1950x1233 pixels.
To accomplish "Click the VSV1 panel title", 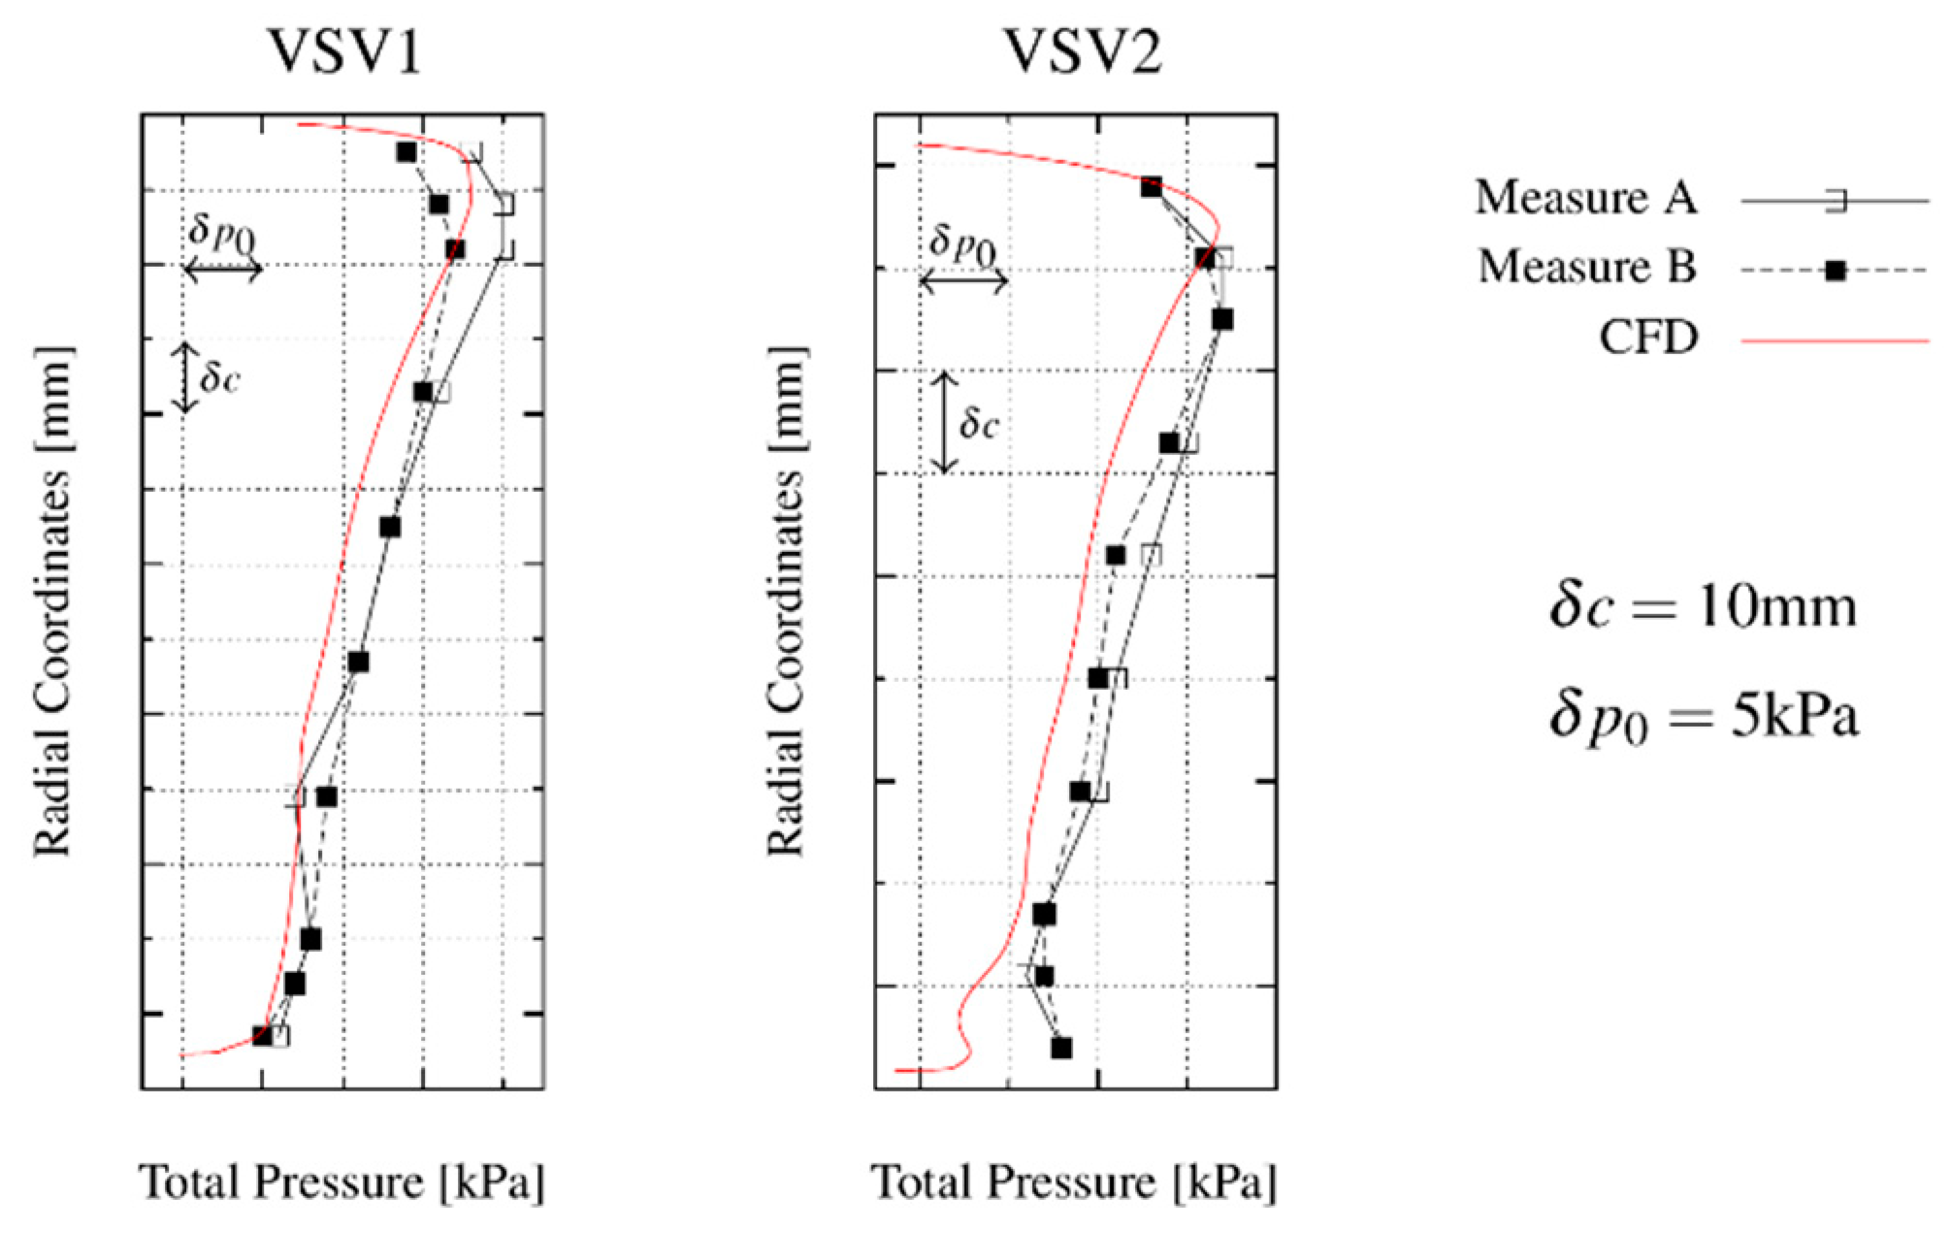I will tap(344, 51).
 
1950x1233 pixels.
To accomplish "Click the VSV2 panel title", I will tap(1082, 51).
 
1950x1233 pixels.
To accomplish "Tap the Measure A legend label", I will tap(1585, 198).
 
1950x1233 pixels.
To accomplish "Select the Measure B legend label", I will tap(1586, 267).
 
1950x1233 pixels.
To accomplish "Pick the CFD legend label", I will tap(1648, 338).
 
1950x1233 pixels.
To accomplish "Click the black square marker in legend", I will tap(1835, 271).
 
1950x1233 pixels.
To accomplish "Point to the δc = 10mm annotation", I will tap(1703, 607).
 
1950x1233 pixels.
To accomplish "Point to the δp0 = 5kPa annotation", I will tap(1703, 719).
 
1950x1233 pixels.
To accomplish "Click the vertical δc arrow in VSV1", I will tap(185, 377).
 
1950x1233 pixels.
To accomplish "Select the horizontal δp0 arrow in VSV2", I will tap(963, 282).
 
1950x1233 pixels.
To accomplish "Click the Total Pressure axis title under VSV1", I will tap(341, 1182).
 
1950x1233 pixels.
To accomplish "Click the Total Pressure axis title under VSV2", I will tap(1074, 1182).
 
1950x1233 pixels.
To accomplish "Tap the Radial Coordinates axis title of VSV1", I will tap(53, 601).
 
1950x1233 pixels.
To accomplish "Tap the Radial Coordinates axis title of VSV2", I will tap(786, 601).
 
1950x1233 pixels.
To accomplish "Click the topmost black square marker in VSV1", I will tap(406, 152).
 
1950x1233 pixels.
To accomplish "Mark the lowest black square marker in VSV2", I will tap(1061, 1048).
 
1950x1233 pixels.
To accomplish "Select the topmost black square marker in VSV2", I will tap(1152, 187).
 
